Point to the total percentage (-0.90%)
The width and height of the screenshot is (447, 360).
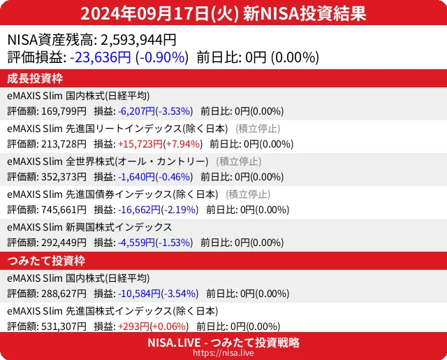(x=161, y=57)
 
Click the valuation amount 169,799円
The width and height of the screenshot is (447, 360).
(x=64, y=110)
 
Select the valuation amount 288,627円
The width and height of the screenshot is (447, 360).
(x=64, y=293)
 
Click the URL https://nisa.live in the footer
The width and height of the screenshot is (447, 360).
(x=223, y=354)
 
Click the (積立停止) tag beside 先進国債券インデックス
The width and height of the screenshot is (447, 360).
(x=248, y=194)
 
